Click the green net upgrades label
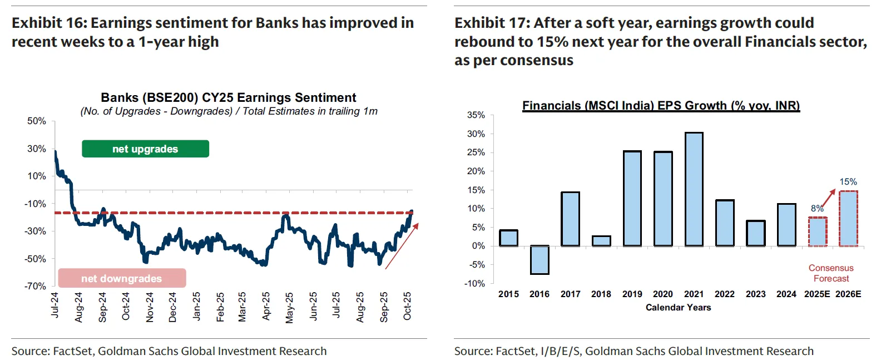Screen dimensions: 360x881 145,149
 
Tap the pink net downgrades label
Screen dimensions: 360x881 122,278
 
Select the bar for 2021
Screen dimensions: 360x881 694,189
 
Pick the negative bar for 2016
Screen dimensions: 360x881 540,260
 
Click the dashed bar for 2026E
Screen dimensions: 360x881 848,218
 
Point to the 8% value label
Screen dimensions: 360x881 817,209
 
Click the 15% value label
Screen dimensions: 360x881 848,182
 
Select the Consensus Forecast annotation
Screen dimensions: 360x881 831,273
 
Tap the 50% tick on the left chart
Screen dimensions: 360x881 37,121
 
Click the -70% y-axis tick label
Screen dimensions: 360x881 35,286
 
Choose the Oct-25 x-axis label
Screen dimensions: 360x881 408,306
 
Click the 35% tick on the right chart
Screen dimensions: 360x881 476,115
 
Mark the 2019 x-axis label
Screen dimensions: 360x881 632,294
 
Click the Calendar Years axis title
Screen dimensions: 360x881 678,307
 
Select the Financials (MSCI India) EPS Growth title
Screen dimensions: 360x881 661,106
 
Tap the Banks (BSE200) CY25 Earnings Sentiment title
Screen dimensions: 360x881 229,98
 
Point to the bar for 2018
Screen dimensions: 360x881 601,241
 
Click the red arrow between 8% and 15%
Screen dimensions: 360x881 829,199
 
